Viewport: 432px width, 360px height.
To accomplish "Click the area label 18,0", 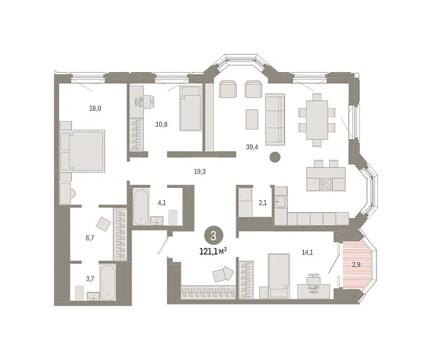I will [x=94, y=109].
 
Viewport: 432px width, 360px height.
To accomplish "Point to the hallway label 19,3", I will [x=200, y=172].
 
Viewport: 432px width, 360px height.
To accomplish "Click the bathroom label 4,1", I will [x=161, y=202].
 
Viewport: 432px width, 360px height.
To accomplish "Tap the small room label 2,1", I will [x=263, y=204].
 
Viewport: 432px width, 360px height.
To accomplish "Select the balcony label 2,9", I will [x=356, y=265].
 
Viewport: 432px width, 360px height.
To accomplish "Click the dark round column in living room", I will [x=274, y=158].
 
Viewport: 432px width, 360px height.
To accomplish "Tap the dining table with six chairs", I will [x=317, y=117].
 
